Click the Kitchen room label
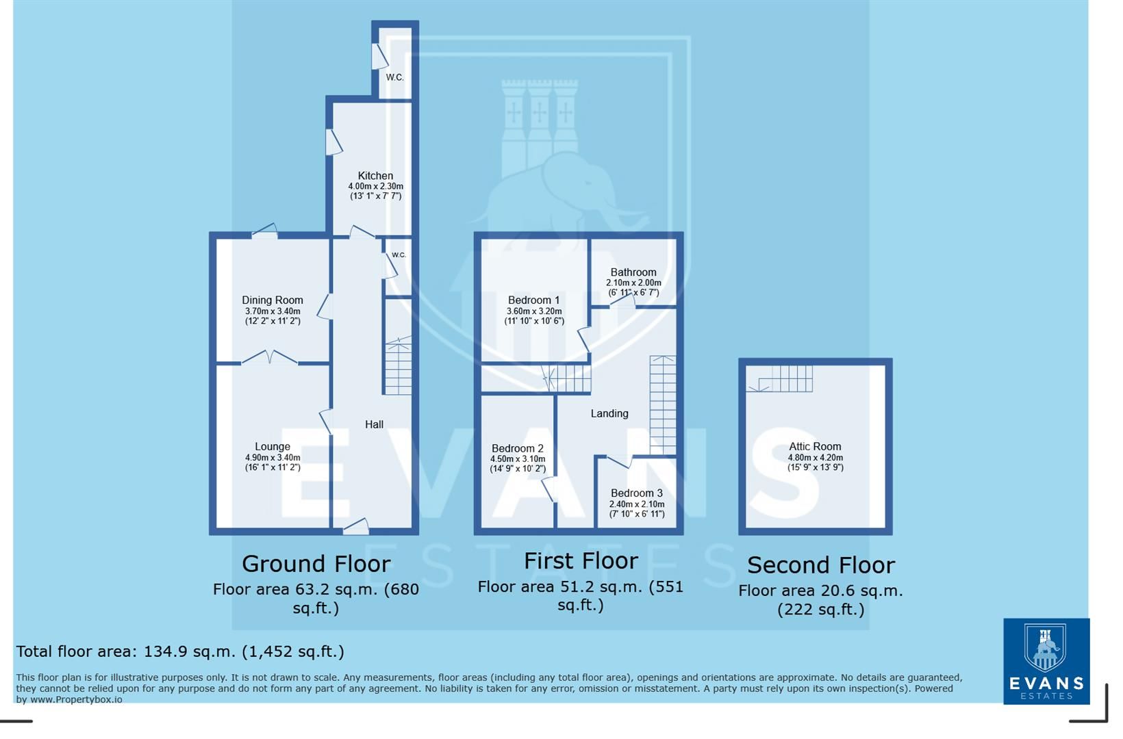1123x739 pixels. tap(375, 176)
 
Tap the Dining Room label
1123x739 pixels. tap(272, 300)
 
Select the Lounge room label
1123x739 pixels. tap(273, 447)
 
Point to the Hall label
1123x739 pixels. tap(374, 424)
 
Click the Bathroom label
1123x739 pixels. tap(633, 272)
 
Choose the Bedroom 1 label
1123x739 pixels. tap(533, 300)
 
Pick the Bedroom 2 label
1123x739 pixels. tap(518, 449)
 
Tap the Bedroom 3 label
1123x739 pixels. tap(637, 493)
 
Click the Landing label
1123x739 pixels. tap(609, 413)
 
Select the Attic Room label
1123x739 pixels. tap(815, 447)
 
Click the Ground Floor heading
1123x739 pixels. tap(316, 564)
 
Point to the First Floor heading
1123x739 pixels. tap(581, 561)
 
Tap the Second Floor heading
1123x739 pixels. tap(820, 565)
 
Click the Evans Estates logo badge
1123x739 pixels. tap(1046, 661)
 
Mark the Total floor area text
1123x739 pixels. tap(180, 651)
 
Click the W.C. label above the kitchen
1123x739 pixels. tap(394, 77)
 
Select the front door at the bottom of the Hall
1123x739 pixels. tap(355, 526)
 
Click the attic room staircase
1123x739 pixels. tap(781, 378)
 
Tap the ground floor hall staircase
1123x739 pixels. tap(398, 367)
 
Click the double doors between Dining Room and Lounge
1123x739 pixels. tap(270, 357)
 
